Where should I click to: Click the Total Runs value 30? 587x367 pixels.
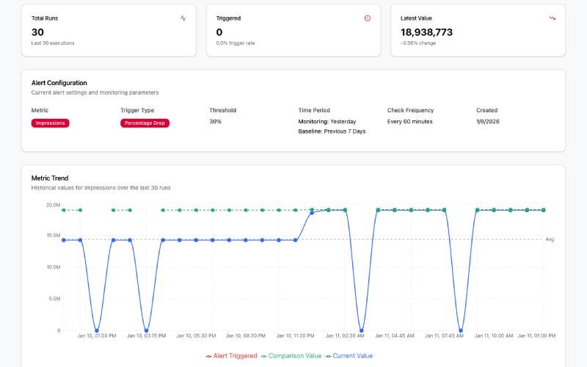pyautogui.click(x=38, y=32)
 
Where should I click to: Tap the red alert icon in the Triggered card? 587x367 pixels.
pyautogui.click(x=368, y=18)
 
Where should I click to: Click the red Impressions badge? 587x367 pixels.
pyautogui.click(x=51, y=123)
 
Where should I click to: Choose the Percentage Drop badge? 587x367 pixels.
pyautogui.click(x=145, y=123)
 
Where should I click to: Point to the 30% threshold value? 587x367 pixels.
pyautogui.click(x=216, y=121)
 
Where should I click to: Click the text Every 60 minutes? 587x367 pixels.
pyautogui.click(x=410, y=121)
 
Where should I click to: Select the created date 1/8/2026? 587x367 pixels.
pyautogui.click(x=487, y=121)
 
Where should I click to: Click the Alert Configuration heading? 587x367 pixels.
pyautogui.click(x=59, y=83)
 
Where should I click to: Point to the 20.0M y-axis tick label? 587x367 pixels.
pyautogui.click(x=53, y=205)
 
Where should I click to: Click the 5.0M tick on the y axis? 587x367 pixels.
pyautogui.click(x=54, y=299)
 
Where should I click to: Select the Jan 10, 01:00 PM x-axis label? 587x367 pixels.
pyautogui.click(x=97, y=335)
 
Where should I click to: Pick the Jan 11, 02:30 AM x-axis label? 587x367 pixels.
pyautogui.click(x=344, y=335)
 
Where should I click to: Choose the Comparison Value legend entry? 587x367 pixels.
pyautogui.click(x=291, y=356)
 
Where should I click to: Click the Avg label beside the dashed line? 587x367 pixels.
pyautogui.click(x=550, y=239)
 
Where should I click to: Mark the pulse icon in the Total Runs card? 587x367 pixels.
pyautogui.click(x=183, y=18)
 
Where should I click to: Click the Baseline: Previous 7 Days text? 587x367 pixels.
pyautogui.click(x=332, y=131)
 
